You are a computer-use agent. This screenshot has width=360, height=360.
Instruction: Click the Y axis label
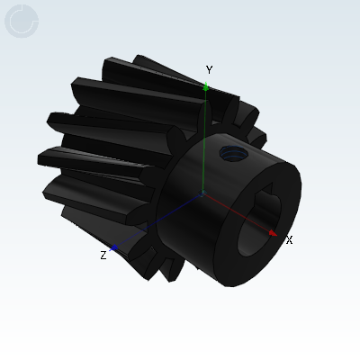(209, 70)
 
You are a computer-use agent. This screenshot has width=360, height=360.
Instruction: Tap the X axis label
(289, 240)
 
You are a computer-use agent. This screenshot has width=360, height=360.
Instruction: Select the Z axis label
(103, 256)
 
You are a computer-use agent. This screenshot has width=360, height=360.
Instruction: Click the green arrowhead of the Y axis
(206, 86)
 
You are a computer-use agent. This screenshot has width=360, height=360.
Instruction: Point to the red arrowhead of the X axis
(273, 233)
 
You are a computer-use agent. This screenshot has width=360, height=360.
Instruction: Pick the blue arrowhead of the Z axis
(113, 247)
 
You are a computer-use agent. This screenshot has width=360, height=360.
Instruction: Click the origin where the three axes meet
(202, 193)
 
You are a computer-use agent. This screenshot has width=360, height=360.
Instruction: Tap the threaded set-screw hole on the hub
(233, 153)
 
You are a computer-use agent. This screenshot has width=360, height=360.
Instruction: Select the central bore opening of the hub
(259, 222)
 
